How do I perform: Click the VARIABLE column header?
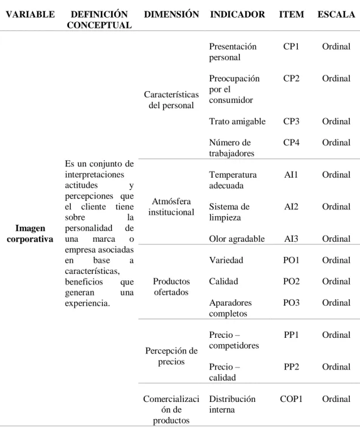[x=30, y=14]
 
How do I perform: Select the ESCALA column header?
[x=336, y=14]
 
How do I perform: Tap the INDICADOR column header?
[x=237, y=14]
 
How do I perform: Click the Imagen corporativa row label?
[x=30, y=233]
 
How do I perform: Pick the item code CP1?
[x=291, y=46]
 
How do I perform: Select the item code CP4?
[x=291, y=143]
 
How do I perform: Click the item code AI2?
[x=291, y=207]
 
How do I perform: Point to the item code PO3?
[x=291, y=303]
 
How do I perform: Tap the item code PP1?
[x=291, y=334]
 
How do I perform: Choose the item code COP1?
[x=291, y=399]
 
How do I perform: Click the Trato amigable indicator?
[x=237, y=122]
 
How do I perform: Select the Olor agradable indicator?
[x=237, y=239]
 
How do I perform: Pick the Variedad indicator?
[x=226, y=260]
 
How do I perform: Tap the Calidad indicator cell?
[x=224, y=281]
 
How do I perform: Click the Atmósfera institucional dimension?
[x=172, y=207]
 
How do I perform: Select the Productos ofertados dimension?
[x=172, y=287]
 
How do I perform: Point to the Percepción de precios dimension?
[x=172, y=356]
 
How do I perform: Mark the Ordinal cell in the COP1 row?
[x=336, y=399]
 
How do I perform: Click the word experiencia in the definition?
[x=87, y=303]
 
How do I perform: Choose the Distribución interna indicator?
[x=232, y=404]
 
